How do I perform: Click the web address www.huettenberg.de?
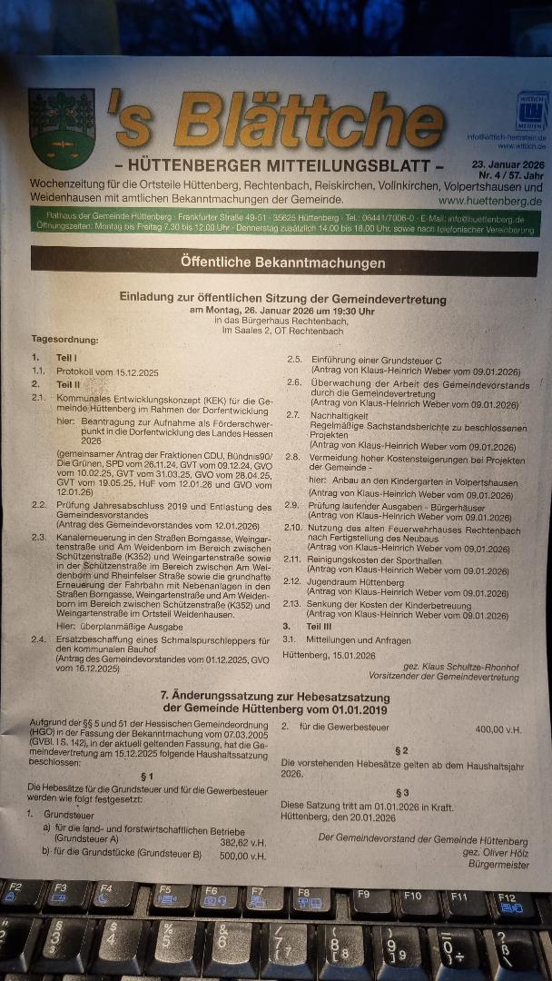click(489, 200)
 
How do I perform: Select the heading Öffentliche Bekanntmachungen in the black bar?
click(281, 263)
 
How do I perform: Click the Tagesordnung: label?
click(64, 339)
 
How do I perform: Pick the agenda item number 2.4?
click(38, 639)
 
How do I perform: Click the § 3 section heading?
click(402, 792)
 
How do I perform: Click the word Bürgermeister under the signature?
click(498, 865)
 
